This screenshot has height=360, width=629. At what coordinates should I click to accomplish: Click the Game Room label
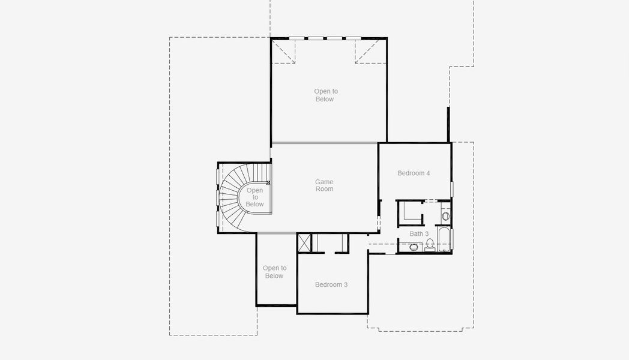[324, 185]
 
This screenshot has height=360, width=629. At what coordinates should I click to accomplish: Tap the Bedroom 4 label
[414, 173]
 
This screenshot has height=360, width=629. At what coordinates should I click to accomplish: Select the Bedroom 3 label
[331, 284]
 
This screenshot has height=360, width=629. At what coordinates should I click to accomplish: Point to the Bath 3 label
[419, 233]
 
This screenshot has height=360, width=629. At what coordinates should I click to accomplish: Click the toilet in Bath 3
[430, 244]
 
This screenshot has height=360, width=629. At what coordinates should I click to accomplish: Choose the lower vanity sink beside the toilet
[414, 247]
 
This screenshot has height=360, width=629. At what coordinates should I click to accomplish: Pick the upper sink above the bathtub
[445, 215]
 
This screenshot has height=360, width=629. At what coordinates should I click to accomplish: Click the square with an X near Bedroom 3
[305, 243]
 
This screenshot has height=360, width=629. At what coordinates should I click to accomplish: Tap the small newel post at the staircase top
[268, 182]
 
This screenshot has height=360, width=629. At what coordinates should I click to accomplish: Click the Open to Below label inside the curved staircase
[254, 197]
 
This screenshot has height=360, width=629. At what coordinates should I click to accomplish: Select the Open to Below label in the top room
[325, 95]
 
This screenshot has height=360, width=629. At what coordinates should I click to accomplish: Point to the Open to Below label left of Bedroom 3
[274, 272]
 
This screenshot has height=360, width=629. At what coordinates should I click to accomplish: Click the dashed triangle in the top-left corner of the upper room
[284, 52]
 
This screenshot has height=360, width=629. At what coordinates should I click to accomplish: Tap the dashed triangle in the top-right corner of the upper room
[367, 52]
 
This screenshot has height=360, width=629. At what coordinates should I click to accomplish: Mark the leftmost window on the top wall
[297, 38]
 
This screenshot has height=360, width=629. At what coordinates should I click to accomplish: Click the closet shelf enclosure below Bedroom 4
[410, 212]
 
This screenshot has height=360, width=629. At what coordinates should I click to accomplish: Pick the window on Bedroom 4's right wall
[451, 188]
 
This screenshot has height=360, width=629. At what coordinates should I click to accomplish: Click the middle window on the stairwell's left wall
[217, 197]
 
